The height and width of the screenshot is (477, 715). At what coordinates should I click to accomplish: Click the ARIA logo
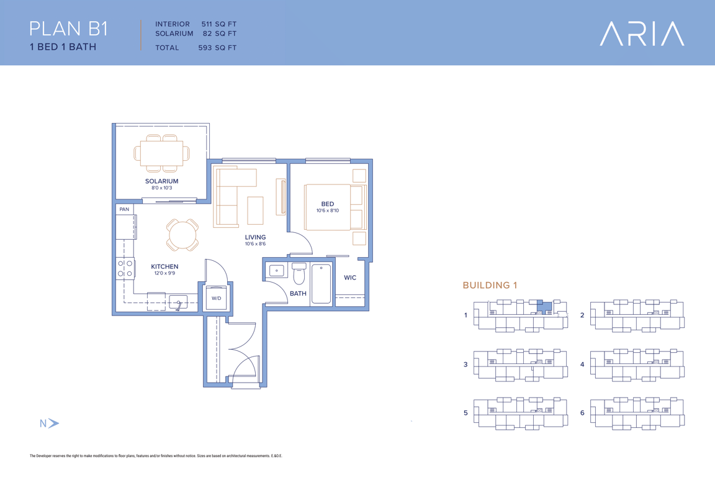click(x=642, y=34)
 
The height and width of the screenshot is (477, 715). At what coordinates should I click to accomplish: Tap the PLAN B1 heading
click(x=68, y=29)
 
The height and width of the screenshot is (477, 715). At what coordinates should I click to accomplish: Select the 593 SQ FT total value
click(x=217, y=47)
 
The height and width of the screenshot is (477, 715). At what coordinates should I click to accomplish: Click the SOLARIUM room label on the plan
click(x=162, y=181)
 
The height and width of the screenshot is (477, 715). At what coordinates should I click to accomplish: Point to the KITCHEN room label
click(x=164, y=266)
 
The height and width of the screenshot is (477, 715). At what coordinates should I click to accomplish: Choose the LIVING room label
click(x=255, y=237)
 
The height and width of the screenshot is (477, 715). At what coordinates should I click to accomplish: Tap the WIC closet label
click(x=350, y=278)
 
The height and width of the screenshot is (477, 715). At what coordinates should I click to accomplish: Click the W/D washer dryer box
click(x=216, y=298)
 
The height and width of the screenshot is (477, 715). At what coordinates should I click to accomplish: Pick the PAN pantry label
click(x=124, y=209)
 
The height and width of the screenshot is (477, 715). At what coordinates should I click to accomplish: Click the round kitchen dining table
click(x=182, y=235)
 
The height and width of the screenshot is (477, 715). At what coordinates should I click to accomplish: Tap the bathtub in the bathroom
click(x=322, y=283)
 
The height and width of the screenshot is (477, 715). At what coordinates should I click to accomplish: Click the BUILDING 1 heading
click(x=490, y=285)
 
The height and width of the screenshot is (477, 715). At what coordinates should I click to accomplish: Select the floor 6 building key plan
click(x=637, y=413)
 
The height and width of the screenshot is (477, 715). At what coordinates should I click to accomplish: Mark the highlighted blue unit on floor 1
click(x=544, y=306)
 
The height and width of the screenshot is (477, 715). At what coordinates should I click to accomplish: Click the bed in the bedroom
click(x=335, y=207)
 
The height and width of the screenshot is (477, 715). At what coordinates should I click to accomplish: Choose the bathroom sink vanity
click(x=276, y=271)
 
